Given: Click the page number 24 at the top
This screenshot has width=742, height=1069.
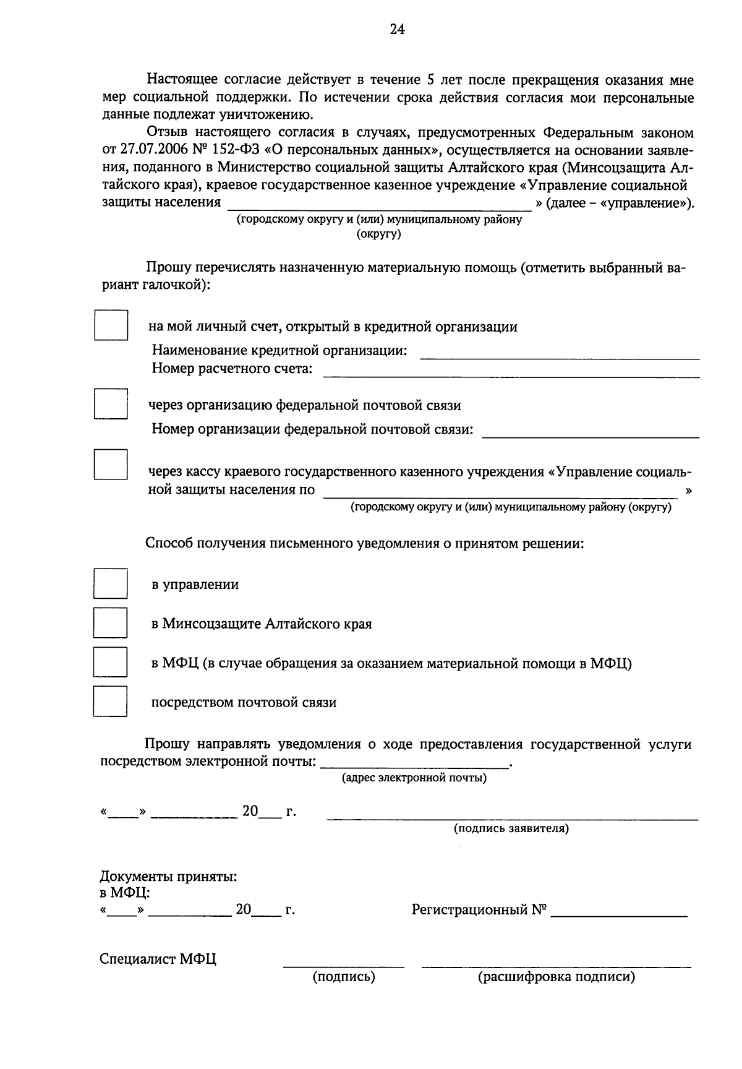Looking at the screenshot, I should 397,29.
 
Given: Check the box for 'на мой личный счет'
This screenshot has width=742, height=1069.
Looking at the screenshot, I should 111,325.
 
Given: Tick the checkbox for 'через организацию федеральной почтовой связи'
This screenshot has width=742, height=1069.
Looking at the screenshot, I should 111,404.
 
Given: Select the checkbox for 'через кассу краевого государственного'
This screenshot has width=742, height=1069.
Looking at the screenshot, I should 111,465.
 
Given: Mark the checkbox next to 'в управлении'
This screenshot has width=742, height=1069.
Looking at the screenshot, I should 111,583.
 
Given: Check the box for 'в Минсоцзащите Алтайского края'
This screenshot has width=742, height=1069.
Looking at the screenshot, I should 111,622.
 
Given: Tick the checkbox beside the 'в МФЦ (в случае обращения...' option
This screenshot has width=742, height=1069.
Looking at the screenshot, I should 111,662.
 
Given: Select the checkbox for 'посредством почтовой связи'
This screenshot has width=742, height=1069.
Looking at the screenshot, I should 111,701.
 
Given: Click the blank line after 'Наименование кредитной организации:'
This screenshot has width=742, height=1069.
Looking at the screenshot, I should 560,354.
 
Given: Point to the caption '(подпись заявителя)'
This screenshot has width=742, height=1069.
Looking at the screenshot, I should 511,828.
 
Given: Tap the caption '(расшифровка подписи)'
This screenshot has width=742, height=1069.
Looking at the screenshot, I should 556,977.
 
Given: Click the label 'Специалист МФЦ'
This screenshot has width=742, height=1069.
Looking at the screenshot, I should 158,960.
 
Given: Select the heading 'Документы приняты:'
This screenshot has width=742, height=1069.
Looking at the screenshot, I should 168,877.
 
